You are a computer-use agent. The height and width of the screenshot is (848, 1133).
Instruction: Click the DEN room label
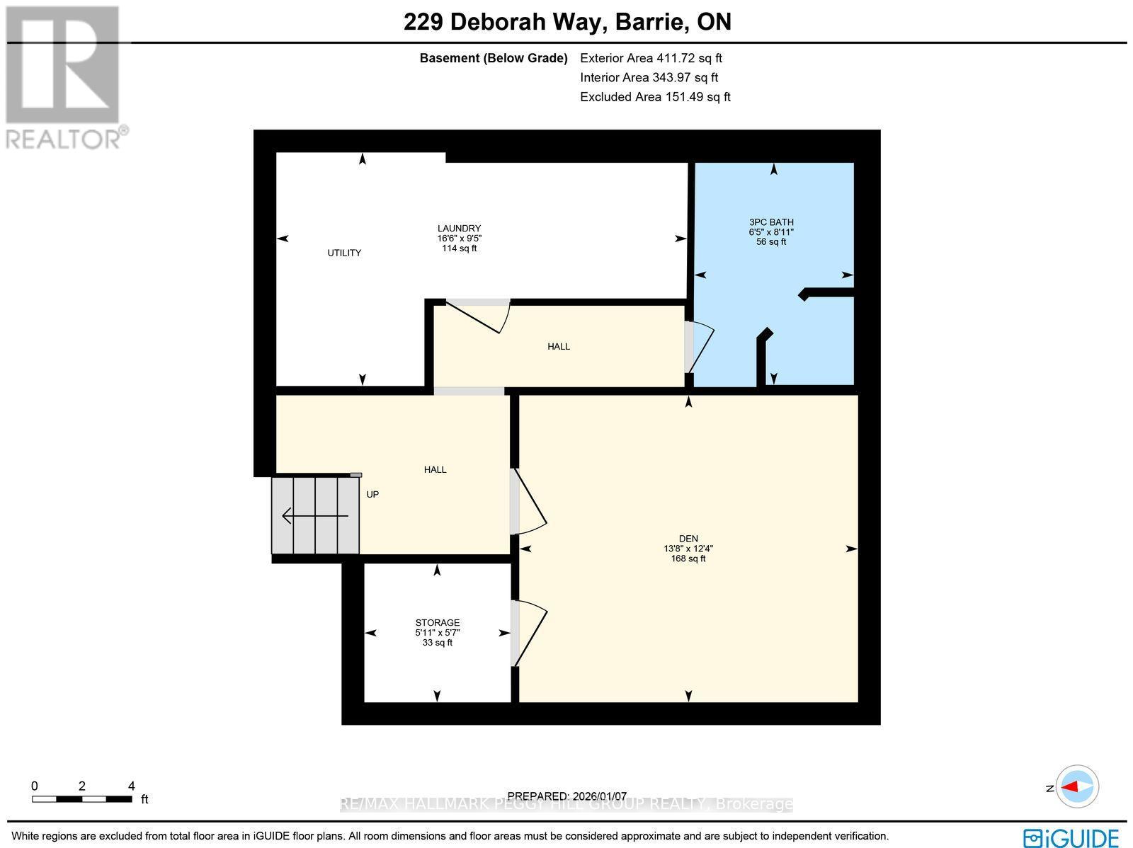[688, 539]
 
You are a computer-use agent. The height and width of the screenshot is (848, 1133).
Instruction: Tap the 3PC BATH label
[771, 222]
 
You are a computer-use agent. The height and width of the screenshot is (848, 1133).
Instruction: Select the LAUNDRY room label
[459, 228]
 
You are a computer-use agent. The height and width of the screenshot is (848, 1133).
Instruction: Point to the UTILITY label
[344, 253]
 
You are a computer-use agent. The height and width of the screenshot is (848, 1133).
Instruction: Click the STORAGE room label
[437, 623]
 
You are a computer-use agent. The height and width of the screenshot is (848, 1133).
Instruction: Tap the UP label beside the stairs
[372, 495]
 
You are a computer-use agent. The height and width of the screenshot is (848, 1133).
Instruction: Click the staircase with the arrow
[316, 515]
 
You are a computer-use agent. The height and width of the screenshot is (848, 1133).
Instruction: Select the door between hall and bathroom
[698, 346]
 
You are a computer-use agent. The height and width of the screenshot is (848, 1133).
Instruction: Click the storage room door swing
[529, 634]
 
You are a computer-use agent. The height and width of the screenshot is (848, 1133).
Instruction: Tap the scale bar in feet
[82, 798]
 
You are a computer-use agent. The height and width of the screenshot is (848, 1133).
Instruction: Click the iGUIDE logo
[1071, 837]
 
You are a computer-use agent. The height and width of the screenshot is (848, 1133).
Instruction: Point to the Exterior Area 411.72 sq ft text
[651, 59]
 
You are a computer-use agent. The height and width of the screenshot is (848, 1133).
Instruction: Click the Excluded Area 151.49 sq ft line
[655, 97]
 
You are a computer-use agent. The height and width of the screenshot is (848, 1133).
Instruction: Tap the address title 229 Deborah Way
[567, 22]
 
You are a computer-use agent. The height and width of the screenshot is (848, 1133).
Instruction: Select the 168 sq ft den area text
[688, 558]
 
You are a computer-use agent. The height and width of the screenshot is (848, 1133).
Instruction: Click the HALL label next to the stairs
[435, 469]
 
